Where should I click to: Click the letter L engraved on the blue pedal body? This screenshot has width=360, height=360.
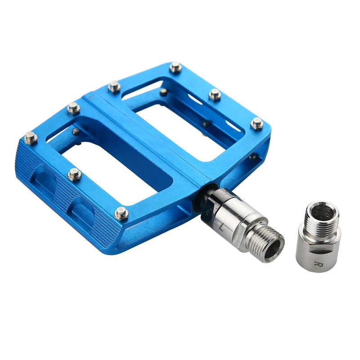point(91,98)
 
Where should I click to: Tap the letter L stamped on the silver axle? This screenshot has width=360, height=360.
point(221,228)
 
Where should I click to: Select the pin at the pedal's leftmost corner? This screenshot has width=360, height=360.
point(31,138)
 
